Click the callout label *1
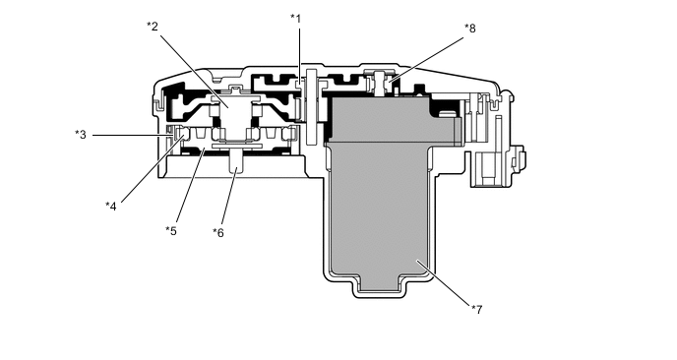296,19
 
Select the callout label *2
153,27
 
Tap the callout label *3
81,134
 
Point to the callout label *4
111,205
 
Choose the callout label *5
171,231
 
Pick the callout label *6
218,232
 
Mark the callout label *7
476,310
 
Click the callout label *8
470,29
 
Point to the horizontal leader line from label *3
128,134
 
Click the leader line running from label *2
192,65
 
